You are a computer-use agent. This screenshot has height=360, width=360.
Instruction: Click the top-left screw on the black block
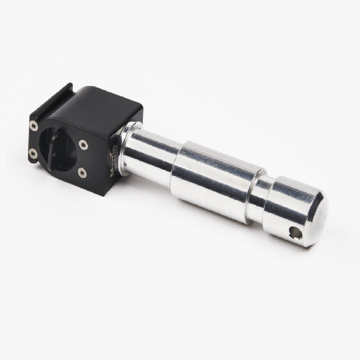click(x=33, y=125)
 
